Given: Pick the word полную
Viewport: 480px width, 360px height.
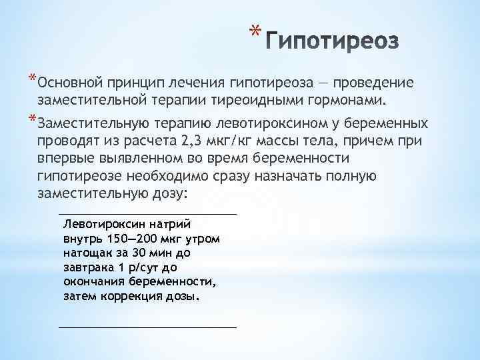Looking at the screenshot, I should pos(347,177).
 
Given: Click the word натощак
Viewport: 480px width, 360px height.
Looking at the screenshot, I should pos(85,254).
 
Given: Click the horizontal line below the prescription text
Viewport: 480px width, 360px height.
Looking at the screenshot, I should pos(147,327).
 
